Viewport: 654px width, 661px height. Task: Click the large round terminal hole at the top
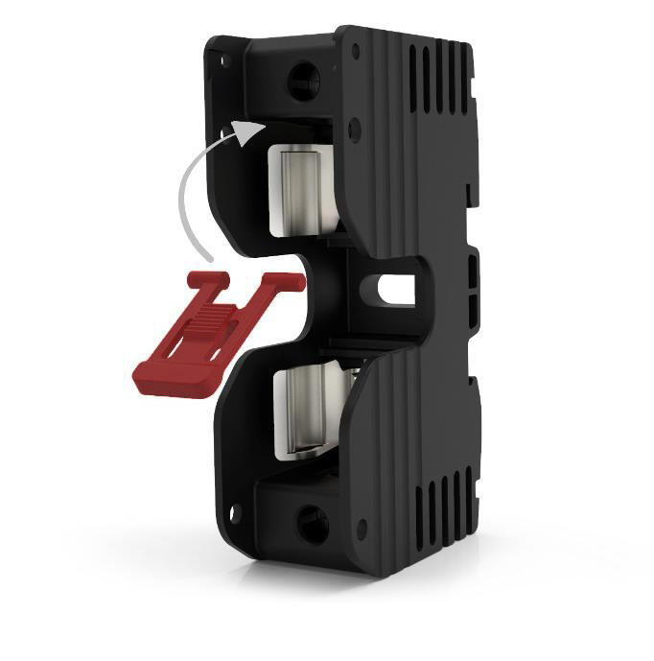click(x=303, y=75)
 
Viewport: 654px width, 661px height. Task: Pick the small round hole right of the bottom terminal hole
click(x=361, y=528)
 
